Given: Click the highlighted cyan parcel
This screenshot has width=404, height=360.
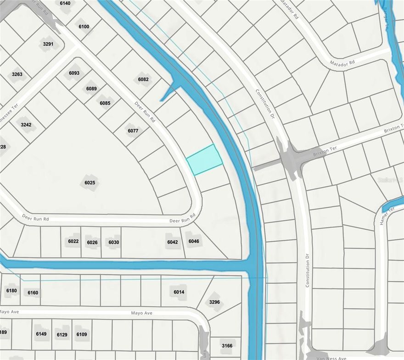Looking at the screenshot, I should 204,160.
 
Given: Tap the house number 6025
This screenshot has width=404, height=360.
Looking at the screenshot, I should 90,183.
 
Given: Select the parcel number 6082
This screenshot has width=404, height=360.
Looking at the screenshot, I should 143,79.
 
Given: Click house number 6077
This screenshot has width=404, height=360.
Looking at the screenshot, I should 133,131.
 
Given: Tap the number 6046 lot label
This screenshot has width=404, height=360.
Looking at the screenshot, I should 194,241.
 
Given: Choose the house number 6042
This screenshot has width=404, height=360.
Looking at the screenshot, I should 173,242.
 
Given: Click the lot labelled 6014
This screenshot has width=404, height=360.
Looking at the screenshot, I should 179,292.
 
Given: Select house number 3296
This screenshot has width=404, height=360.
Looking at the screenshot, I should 214,302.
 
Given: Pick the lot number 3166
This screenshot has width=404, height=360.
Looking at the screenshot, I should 227,346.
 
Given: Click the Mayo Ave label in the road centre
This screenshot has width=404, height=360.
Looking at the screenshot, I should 141,313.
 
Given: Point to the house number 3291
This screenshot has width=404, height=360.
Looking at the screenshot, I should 48,44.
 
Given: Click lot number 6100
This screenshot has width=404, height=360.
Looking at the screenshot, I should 84,27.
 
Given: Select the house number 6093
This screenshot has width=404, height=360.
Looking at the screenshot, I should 74,73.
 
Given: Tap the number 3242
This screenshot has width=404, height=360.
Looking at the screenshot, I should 26,124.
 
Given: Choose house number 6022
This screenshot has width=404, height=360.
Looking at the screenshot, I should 73,242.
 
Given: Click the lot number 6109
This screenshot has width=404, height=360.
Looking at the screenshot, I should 82,334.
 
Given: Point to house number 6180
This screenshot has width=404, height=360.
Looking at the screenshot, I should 11,290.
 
